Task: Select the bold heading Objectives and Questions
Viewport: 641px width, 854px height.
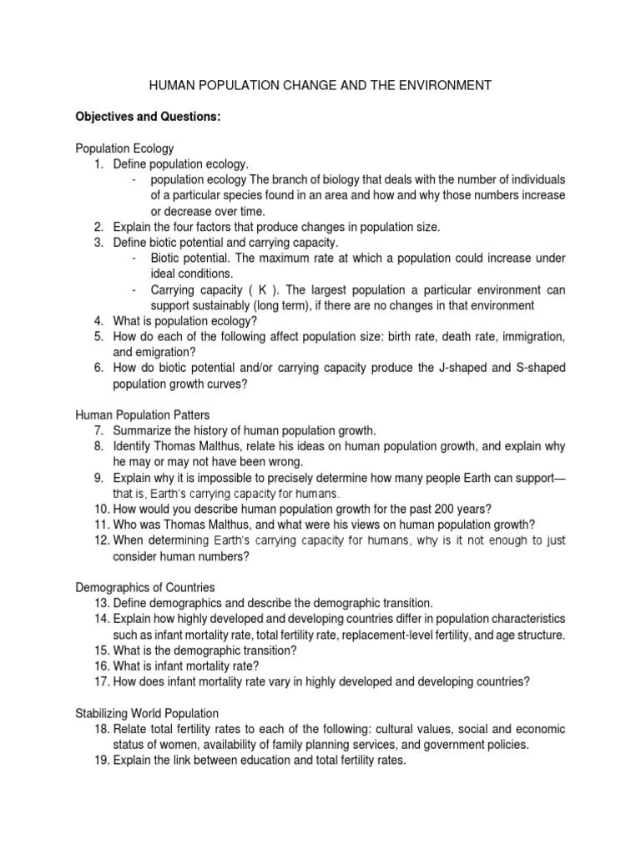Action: click(x=148, y=117)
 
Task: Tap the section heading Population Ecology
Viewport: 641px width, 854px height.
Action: click(x=124, y=148)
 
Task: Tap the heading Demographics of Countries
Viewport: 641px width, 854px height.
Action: click(x=144, y=587)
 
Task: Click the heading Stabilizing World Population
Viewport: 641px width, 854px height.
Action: click(x=147, y=713)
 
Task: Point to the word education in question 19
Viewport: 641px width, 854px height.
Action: click(x=255, y=761)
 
